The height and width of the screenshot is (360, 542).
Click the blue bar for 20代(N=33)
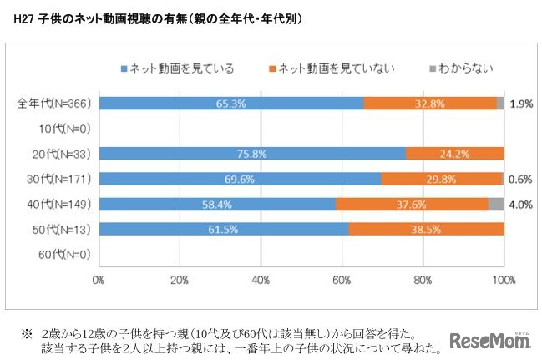251,153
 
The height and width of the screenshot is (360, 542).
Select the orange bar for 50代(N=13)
426,228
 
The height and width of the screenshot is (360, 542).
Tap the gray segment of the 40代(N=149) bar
496,203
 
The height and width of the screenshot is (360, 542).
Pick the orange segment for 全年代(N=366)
429,103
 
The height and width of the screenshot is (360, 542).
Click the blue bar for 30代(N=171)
240,178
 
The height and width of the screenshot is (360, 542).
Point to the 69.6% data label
240,178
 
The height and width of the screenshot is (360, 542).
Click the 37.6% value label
412,203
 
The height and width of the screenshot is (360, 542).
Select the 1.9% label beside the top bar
520,103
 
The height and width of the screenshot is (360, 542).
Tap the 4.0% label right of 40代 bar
520,203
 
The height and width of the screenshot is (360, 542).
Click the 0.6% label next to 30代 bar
520,178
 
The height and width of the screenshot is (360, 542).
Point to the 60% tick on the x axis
342,280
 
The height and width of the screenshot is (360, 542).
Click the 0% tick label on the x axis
99,280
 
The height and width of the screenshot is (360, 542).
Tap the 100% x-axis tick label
503,280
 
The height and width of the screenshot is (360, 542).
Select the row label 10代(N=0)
64,128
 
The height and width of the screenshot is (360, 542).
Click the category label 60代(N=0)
64,253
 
